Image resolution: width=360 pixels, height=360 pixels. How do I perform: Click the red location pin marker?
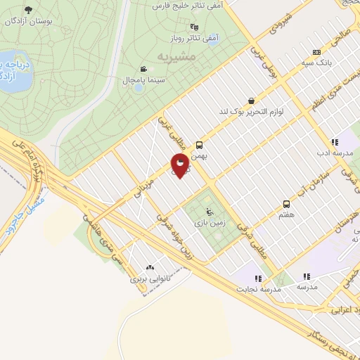click(x=181, y=167)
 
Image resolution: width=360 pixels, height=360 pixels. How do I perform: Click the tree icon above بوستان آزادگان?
click(x=28, y=10)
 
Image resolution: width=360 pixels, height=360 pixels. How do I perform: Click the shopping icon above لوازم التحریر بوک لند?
click(x=251, y=101)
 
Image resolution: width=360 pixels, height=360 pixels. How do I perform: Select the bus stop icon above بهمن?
click(x=199, y=145)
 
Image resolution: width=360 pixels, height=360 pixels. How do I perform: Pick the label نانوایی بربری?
click(x=149, y=278)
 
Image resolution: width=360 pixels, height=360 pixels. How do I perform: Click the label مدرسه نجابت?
click(x=257, y=288)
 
